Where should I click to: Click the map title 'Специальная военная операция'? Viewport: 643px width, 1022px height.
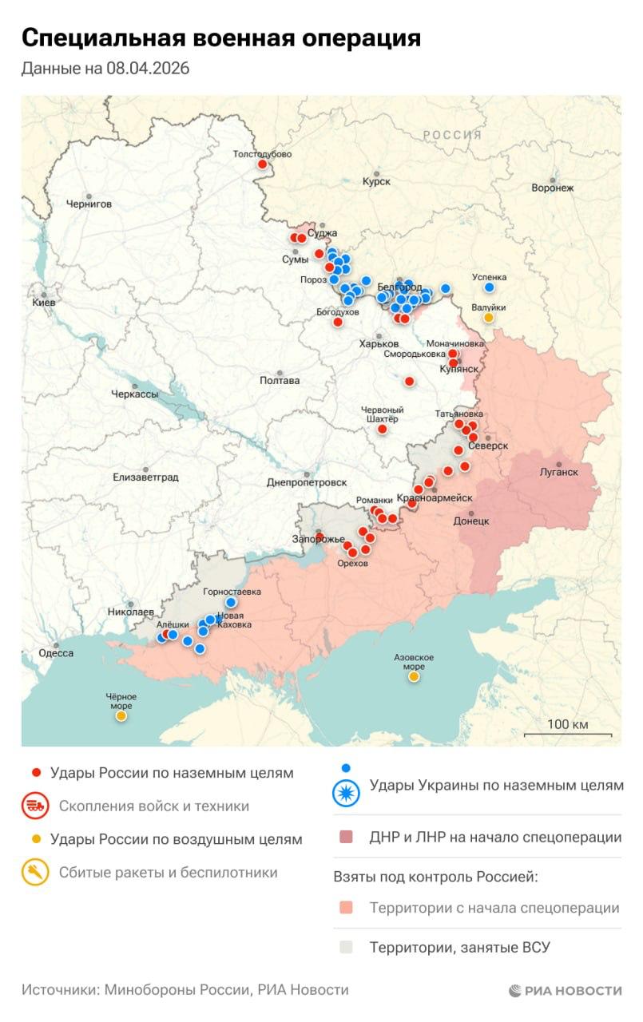click(221, 38)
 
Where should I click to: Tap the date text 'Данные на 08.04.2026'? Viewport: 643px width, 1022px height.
click(105, 69)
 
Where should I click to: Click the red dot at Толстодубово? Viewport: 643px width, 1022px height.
click(262, 164)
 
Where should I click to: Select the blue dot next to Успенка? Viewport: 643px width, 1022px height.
click(489, 287)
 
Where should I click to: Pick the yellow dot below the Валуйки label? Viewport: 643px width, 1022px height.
click(488, 318)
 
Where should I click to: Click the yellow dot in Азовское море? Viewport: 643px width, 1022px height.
click(414, 677)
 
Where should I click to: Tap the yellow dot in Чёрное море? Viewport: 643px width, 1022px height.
click(121, 716)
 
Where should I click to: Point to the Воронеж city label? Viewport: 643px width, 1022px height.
click(553, 188)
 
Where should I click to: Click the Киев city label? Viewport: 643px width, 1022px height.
click(43, 303)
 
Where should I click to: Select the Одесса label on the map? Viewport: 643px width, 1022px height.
click(56, 653)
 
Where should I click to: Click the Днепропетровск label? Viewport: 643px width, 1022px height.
click(307, 482)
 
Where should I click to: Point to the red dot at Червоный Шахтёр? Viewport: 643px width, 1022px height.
click(382, 430)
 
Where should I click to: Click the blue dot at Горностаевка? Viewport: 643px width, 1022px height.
click(231, 603)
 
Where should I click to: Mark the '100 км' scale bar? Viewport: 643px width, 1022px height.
click(568, 729)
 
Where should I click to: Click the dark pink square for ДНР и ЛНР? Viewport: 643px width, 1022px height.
click(345, 838)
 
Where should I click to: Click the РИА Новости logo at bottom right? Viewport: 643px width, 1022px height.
click(565, 991)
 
